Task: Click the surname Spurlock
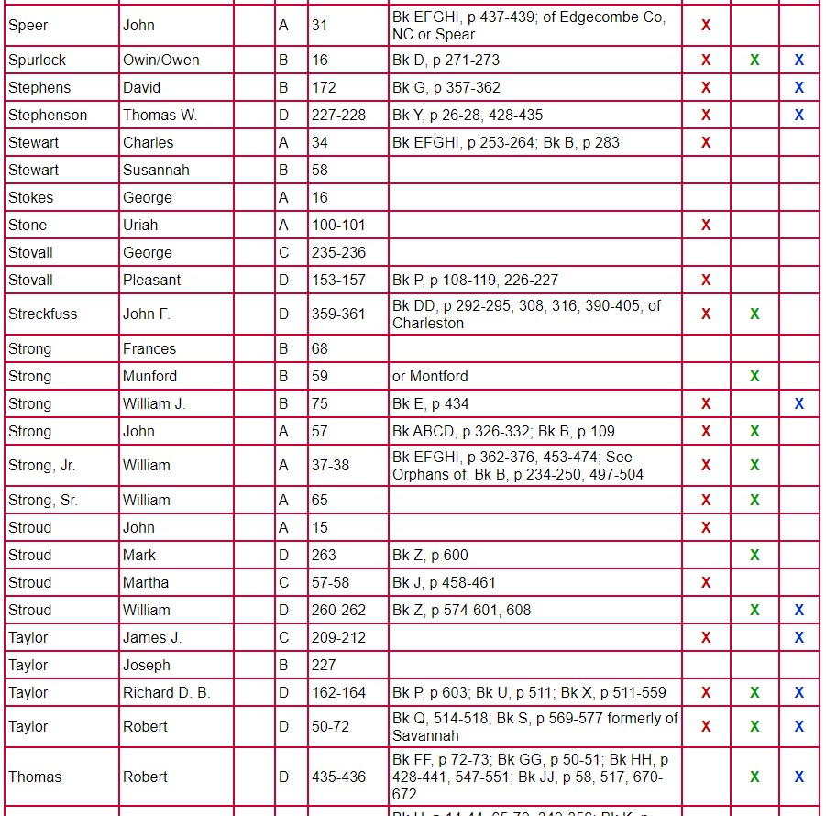(38, 61)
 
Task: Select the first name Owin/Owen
(161, 61)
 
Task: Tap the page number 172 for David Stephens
(324, 88)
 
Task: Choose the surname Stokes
(31, 198)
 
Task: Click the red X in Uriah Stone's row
(706, 226)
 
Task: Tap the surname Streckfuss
(43, 314)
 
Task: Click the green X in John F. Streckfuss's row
(754, 314)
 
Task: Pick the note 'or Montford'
(430, 377)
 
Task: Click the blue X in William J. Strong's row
(799, 404)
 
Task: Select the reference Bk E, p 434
(431, 404)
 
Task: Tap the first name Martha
(146, 583)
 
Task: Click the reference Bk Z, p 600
(430, 556)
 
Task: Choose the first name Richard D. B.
(167, 693)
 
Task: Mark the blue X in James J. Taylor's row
(799, 638)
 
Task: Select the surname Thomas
(35, 777)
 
